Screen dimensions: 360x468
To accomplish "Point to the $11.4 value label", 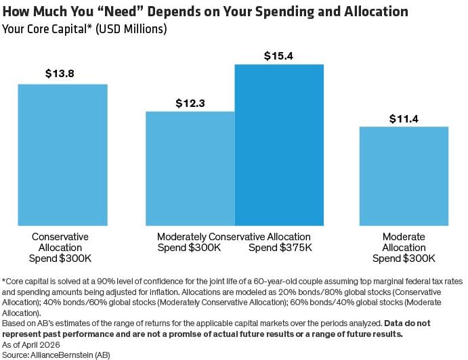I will point(404,118).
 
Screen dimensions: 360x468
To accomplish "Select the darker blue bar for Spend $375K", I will point(279,145).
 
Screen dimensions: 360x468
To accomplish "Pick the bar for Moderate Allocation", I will point(404,176).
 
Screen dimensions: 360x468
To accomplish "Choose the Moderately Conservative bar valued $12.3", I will point(190,168).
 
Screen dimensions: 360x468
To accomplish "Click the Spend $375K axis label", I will point(280,248).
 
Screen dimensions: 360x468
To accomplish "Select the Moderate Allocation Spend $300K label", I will point(404,248).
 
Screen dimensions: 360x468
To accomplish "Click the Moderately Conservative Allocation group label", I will point(234,237).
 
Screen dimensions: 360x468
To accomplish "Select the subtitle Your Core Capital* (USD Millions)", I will point(85,29).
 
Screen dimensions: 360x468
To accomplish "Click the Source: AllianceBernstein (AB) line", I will point(56,354).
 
